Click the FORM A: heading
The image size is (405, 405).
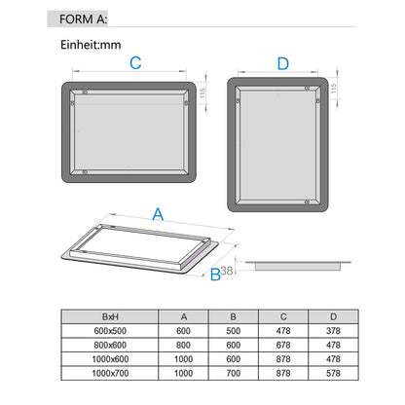pos(83,19)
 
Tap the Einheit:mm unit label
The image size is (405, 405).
pos(91,45)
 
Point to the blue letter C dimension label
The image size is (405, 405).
pos(135,63)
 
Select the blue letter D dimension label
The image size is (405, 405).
pos(283,63)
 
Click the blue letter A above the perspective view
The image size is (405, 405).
pos(158,214)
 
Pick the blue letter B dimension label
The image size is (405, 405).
pos(215,275)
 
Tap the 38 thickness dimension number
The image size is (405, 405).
pos(227,271)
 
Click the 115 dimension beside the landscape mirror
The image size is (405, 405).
pos(202,93)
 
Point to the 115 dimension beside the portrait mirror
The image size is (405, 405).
pos(333,89)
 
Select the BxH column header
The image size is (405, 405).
pos(110,316)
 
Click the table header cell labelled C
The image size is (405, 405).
pos(283,316)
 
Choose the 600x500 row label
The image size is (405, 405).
pos(110,331)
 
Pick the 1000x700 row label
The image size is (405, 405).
pos(110,373)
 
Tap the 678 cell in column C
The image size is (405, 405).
pos(283,345)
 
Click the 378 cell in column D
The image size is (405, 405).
pos(333,331)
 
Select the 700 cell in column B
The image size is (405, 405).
pos(234,373)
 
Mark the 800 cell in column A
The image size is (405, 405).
pos(183,345)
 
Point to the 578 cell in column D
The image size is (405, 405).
pos(333,373)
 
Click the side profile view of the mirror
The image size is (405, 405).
pos(298,266)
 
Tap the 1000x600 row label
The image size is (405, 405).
pos(110,359)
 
